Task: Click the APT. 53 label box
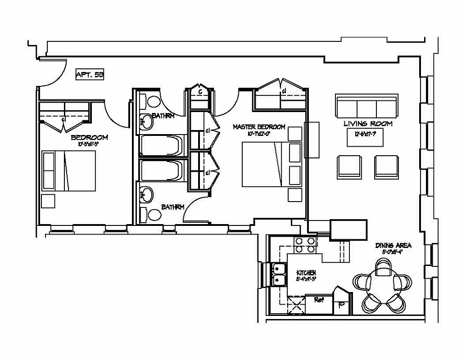coord(90,75)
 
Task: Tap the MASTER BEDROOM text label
coord(259,127)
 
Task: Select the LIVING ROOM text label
coord(368,123)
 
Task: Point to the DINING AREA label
coord(394,246)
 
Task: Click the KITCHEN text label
coord(306,273)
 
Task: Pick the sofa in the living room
coord(366,106)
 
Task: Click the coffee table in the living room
coord(365,139)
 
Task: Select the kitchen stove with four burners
coord(305,245)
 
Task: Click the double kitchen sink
coord(279,274)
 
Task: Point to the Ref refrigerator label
coord(319,300)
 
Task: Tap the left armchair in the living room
coord(349,166)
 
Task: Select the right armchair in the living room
coord(386,166)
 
